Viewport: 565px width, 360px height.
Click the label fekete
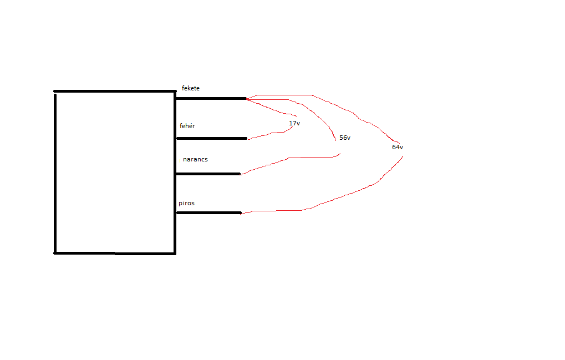pyautogui.click(x=191, y=88)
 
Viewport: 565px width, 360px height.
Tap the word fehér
pyautogui.click(x=187, y=126)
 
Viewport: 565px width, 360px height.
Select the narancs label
pyautogui.click(x=195, y=159)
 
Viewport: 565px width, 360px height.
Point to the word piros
pyautogui.click(x=186, y=203)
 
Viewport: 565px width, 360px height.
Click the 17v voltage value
pyautogui.click(x=294, y=123)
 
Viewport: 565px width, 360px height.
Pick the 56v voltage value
pyautogui.click(x=345, y=138)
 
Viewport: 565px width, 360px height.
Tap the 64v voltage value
pyautogui.click(x=398, y=147)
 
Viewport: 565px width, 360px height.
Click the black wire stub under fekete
pyautogui.click(x=211, y=99)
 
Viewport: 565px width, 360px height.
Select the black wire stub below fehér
pyautogui.click(x=211, y=138)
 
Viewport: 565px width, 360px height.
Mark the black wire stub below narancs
pyautogui.click(x=208, y=174)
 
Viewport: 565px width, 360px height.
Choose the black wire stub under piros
pyautogui.click(x=208, y=212)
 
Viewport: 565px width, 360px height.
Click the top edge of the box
pyautogui.click(x=115, y=91)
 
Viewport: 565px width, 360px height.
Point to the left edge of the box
pyautogui.click(x=55, y=172)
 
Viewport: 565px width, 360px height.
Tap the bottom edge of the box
pyautogui.click(x=115, y=253)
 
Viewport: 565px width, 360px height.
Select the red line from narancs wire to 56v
pyautogui.click(x=288, y=159)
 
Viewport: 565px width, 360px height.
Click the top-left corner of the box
pyautogui.click(x=55, y=92)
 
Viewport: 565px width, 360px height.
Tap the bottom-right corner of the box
pyautogui.click(x=175, y=253)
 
